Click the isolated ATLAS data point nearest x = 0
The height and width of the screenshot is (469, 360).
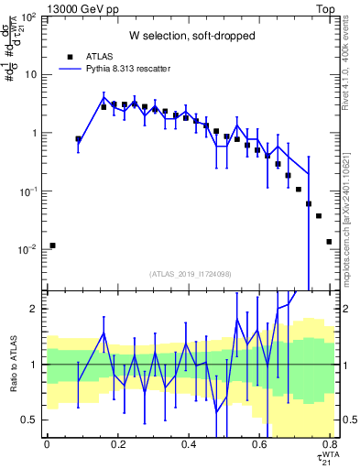(52, 245)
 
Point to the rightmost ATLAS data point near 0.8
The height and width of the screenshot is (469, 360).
(329, 242)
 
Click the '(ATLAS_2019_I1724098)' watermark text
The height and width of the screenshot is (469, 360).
(190, 273)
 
